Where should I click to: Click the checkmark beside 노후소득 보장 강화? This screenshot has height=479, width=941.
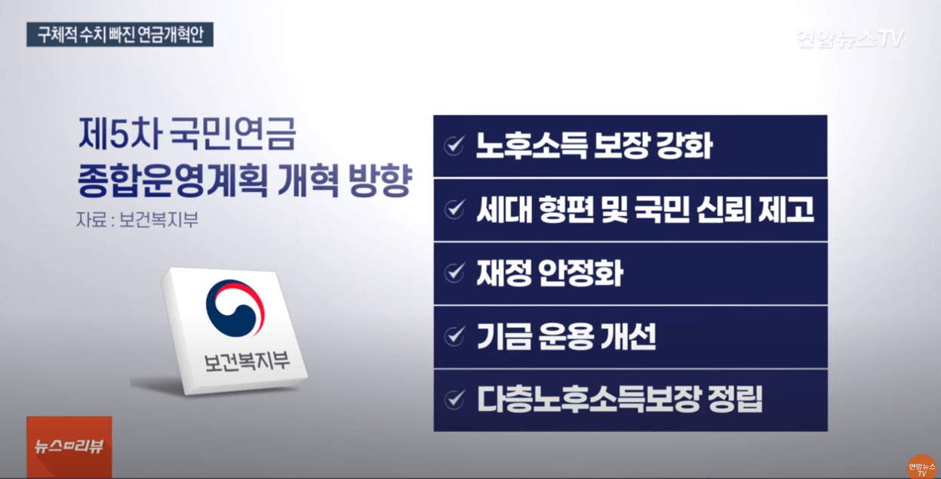point(454,147)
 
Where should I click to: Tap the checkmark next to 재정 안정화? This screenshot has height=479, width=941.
point(454,273)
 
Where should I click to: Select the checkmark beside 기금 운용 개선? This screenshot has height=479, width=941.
point(454,336)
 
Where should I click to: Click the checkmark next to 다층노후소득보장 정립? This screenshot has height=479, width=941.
point(454,399)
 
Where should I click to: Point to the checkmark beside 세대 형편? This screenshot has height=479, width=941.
point(454,210)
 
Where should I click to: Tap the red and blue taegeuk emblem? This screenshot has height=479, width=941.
point(235,309)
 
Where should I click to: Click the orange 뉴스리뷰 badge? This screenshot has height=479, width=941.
point(69,447)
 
